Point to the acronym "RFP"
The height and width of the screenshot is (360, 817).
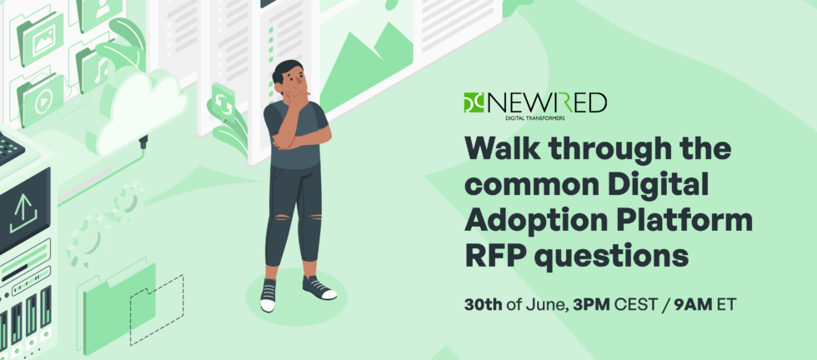[494, 255]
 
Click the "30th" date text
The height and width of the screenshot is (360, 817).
[483, 305]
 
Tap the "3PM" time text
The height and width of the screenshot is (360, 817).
[591, 305]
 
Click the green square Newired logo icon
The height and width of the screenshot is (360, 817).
[474, 102]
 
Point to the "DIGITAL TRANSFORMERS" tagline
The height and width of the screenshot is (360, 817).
[534, 118]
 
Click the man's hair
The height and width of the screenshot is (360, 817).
[286, 70]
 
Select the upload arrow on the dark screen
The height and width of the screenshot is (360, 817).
[23, 213]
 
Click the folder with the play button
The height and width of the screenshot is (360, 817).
[41, 99]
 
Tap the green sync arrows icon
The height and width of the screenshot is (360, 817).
[223, 103]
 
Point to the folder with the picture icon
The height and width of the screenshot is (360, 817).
[41, 40]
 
